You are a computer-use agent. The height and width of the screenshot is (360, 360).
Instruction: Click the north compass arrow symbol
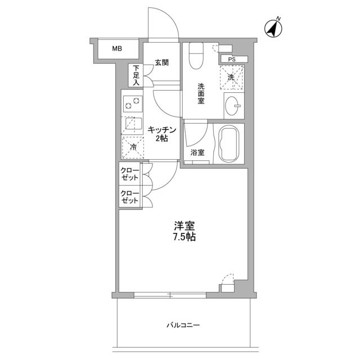pos(274,29)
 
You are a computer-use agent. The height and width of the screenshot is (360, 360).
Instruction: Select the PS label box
pos(231,59)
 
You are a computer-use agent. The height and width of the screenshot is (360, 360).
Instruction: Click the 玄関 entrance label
pos(161,62)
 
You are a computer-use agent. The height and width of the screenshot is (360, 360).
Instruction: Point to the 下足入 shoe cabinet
pos(136,76)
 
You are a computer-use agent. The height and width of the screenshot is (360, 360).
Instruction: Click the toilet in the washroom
pos(196,55)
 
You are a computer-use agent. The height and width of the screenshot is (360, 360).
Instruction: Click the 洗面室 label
pos(201,94)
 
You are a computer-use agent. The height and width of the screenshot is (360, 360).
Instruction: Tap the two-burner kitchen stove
pos(132,104)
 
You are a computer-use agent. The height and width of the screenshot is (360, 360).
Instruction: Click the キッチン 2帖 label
pos(162,134)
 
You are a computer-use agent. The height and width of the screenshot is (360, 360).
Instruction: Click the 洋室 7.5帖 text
pos(184,232)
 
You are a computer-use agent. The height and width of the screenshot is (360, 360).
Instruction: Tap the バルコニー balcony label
pos(183,325)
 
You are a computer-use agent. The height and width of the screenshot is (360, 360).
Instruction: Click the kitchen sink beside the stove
pos(132,124)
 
